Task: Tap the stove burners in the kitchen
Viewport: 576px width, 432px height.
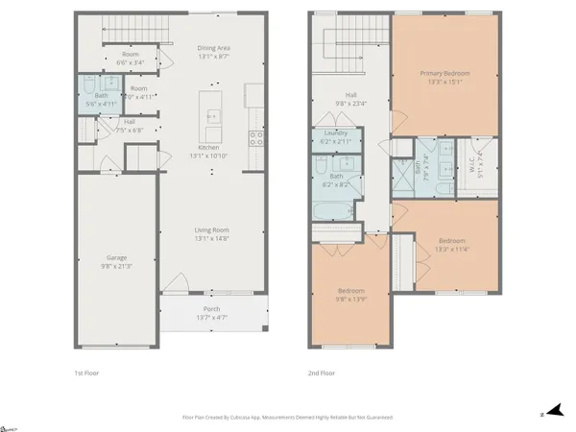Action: [x=255, y=137]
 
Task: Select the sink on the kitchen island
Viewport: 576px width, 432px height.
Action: [x=212, y=117]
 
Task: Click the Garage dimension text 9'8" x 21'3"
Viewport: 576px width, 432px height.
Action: [x=117, y=266]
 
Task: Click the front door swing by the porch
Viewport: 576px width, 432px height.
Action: [x=177, y=282]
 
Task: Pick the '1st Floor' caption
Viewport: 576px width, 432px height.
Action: [x=86, y=372]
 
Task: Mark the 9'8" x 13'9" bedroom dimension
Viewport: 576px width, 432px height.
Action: [x=351, y=299]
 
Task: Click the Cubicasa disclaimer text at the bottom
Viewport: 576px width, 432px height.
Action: [x=288, y=418]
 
